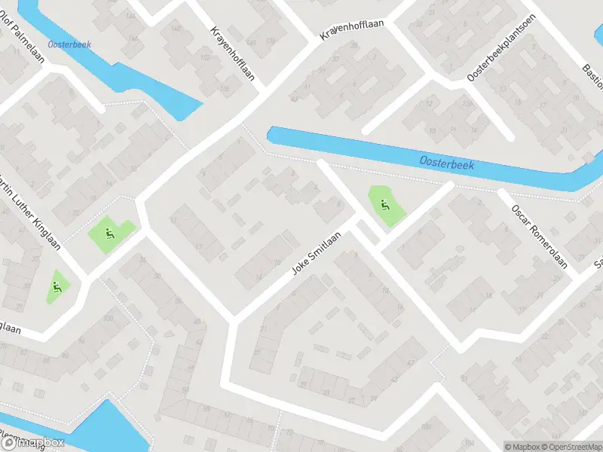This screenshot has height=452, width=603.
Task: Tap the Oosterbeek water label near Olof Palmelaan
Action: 69,44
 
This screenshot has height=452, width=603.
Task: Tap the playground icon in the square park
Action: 111,234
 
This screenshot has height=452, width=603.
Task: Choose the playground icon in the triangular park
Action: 57,286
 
